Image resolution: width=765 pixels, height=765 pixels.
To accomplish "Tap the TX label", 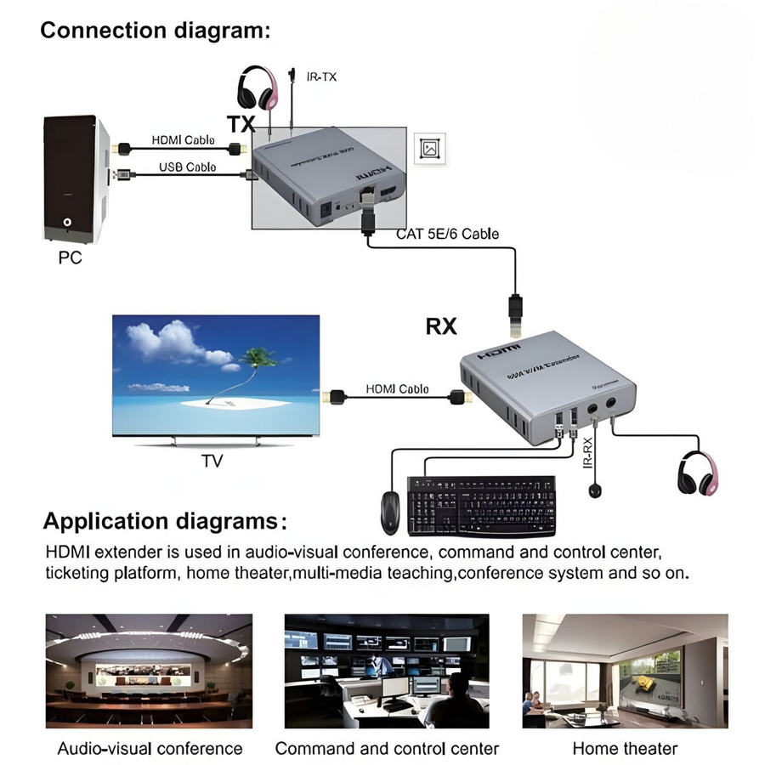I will (x=241, y=124).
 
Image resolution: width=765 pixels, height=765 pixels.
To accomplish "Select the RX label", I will (x=441, y=326).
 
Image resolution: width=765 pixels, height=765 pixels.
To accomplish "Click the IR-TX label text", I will (x=321, y=76).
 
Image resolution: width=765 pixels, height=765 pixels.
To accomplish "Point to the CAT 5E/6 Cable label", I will (x=447, y=233).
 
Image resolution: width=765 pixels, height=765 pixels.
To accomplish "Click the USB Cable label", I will (x=187, y=167).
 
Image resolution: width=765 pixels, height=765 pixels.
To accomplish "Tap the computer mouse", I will (x=390, y=512).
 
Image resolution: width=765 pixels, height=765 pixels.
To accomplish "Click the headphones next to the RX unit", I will (x=698, y=472).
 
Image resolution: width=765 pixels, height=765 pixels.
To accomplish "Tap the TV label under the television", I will (x=212, y=462).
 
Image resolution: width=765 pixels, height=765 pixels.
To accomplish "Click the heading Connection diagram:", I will (x=156, y=31).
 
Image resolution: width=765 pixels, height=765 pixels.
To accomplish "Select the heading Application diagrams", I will (x=165, y=520).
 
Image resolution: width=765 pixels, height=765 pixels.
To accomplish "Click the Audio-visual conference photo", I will (x=150, y=667).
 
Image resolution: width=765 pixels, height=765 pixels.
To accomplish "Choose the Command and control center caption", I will (x=387, y=749).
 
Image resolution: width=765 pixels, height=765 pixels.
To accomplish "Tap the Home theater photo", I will (x=625, y=667).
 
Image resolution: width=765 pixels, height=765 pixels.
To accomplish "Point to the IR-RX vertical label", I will (x=586, y=450).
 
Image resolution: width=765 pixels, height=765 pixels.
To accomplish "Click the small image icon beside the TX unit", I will (x=430, y=148).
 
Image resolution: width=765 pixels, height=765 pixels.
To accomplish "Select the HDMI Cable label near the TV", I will (x=397, y=388).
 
